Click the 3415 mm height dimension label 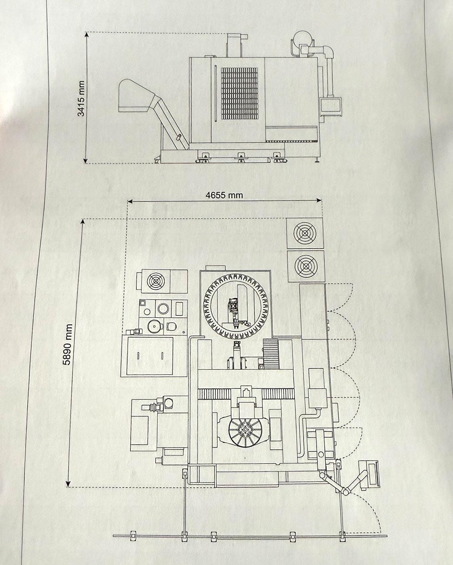click(x=82, y=98)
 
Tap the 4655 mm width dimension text click(x=224, y=195)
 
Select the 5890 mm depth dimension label click(x=68, y=344)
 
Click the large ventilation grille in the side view click(x=239, y=94)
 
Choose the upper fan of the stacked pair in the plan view click(x=304, y=233)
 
